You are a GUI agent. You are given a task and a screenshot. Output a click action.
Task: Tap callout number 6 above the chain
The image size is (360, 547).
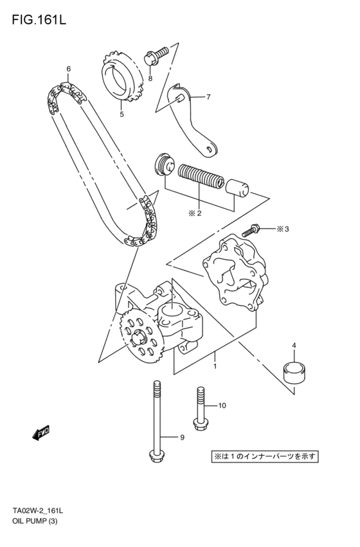pos(68,68)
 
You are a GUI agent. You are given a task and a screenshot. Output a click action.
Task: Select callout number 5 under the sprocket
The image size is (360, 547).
pos(121,114)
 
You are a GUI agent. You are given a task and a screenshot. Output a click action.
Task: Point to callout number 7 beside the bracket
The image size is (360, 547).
pos(208,97)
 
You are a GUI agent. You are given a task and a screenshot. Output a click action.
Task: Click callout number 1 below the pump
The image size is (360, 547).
pos(215,366)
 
